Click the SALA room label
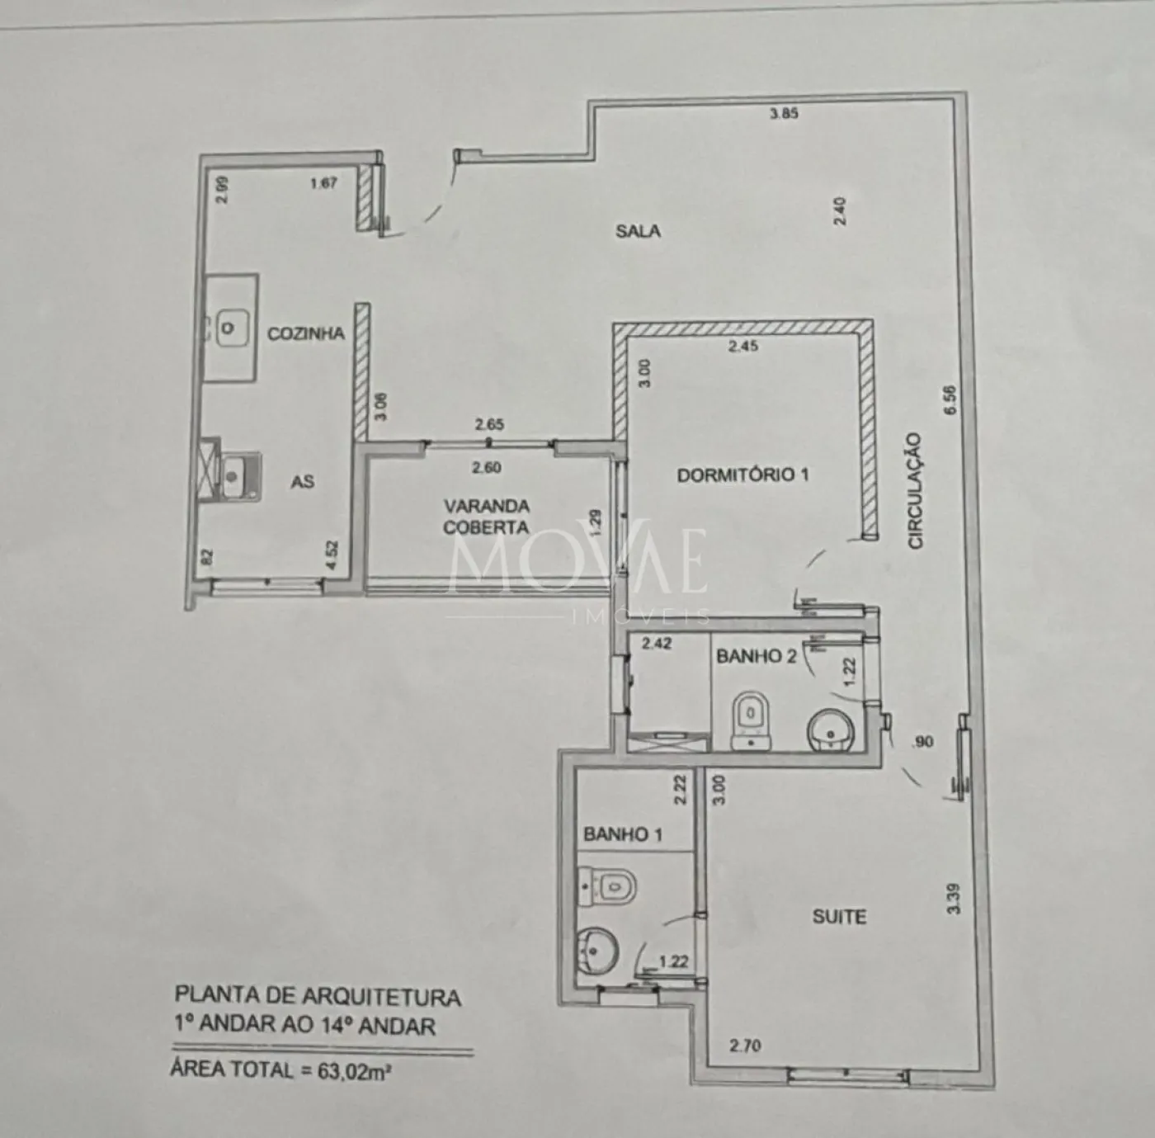638,231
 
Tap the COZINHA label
306,334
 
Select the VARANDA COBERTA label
486,517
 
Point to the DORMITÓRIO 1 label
743,475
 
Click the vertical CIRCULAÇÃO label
915,490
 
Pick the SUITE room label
839,917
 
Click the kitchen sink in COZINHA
231,328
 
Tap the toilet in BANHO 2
751,720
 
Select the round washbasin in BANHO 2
830,730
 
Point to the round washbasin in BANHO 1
597,951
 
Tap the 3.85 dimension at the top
784,113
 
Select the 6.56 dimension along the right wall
950,399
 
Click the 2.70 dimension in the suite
745,1046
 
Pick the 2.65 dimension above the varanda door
490,424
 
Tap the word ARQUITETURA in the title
381,998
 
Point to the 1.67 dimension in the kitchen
323,183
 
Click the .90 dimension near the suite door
922,742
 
